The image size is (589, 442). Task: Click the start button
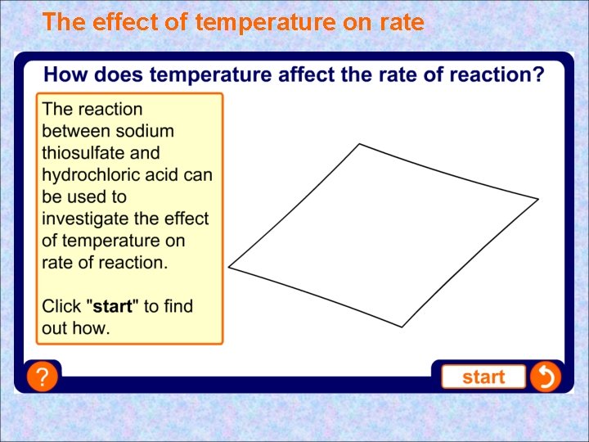tap(483, 377)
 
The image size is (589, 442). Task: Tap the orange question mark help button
tap(42, 377)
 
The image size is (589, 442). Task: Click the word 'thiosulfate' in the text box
tap(79, 153)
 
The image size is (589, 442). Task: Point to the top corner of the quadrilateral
tap(360, 145)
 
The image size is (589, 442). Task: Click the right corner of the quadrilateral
tap(537, 199)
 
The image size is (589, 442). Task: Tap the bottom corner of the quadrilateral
tap(402, 327)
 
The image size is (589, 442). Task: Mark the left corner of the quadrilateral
tap(229, 266)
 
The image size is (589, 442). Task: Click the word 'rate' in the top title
tap(400, 22)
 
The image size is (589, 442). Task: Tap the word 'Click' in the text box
tap(61, 306)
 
